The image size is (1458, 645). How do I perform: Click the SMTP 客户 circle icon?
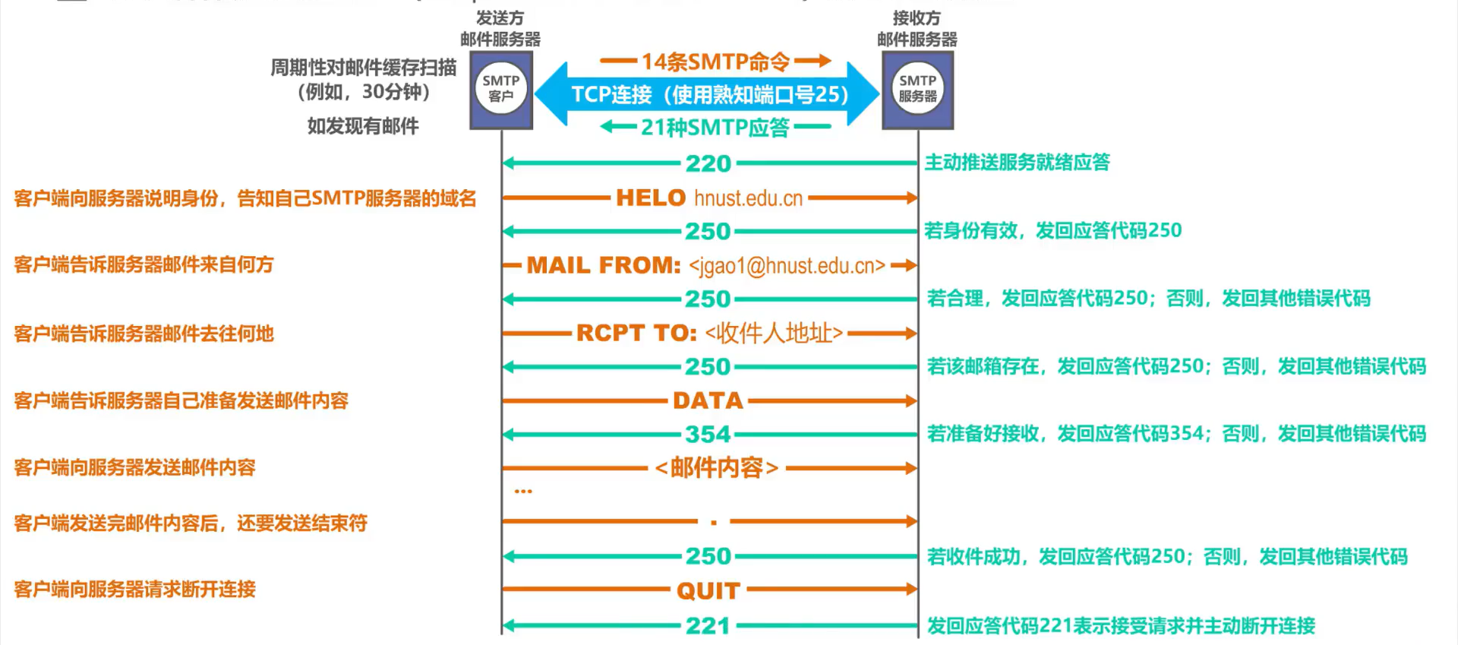(500, 89)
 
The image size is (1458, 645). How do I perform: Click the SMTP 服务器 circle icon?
(917, 89)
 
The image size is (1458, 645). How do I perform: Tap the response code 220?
(708, 163)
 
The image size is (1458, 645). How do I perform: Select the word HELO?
(650, 198)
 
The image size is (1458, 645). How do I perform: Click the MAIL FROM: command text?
(604, 265)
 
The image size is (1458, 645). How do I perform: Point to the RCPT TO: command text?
(636, 333)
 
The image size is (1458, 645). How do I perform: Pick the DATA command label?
(708, 400)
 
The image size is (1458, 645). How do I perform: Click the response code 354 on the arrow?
(708, 435)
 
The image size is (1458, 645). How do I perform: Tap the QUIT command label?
(708, 590)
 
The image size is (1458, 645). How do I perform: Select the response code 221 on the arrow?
(708, 626)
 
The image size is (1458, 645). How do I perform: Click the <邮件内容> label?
(716, 468)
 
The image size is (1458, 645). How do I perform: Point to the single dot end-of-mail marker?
(714, 522)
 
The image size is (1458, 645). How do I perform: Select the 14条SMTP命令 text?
(715, 62)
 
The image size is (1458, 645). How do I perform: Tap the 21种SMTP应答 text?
(715, 127)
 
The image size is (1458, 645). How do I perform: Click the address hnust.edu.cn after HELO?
(748, 198)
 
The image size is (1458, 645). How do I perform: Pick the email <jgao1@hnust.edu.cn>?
(787, 266)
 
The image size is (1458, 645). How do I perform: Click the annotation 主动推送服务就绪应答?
(1017, 162)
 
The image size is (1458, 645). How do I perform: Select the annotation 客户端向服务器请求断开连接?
(135, 589)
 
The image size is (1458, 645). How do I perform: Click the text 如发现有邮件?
(363, 126)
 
